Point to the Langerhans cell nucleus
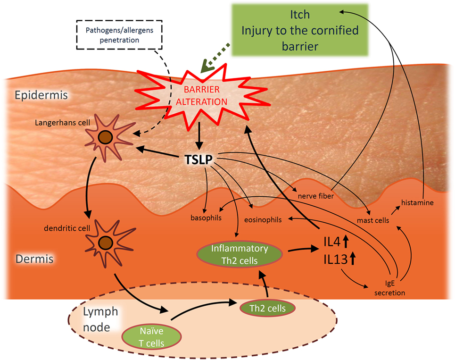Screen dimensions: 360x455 click(x=106, y=137)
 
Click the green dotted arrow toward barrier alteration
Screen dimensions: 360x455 click(x=215, y=58)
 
